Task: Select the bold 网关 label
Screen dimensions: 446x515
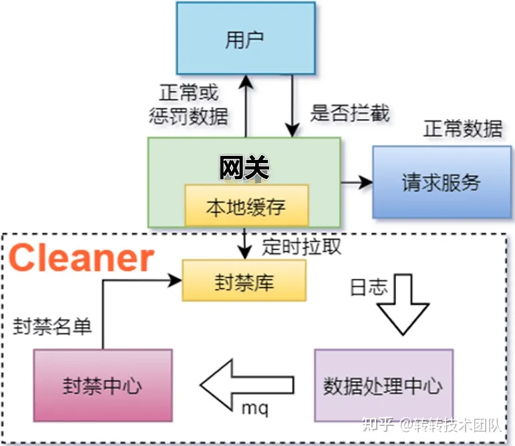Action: pos(244,169)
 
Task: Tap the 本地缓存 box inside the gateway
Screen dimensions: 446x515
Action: pos(246,206)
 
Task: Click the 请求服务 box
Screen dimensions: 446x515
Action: pos(441,182)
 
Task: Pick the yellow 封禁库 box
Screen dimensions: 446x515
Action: pos(244,281)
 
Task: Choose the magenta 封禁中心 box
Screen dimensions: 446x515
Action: pos(103,386)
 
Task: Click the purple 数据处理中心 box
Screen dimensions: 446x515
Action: pos(383,386)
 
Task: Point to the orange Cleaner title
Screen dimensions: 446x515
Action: pos(81,258)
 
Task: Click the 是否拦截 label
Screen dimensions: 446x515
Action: pos(349,112)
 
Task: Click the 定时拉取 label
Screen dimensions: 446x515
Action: pos(301,247)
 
